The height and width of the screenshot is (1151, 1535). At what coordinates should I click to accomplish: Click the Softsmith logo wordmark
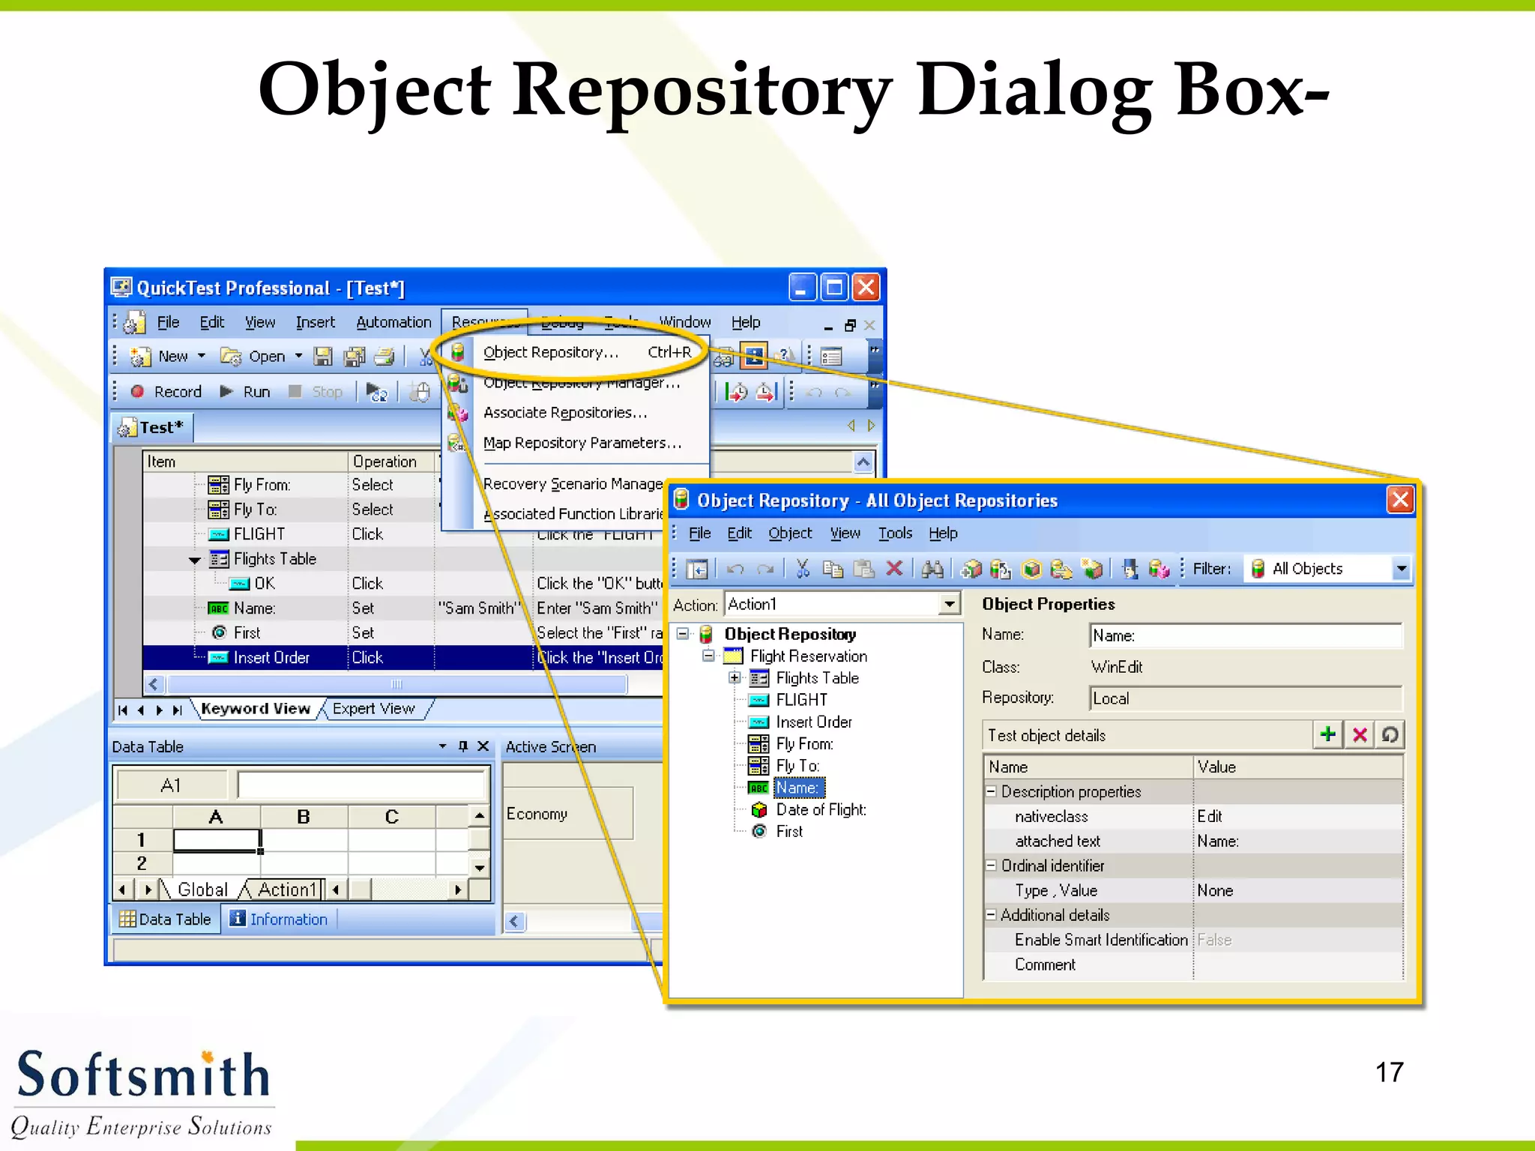[x=142, y=1075]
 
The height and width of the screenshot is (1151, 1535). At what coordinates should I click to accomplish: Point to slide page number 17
[x=1389, y=1072]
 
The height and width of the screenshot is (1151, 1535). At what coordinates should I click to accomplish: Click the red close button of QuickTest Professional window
[x=866, y=288]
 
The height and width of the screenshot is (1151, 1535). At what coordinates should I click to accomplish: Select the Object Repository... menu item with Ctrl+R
[x=551, y=352]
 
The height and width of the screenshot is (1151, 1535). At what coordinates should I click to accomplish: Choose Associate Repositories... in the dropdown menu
[x=564, y=413]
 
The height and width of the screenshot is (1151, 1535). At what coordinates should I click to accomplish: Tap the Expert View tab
[x=373, y=709]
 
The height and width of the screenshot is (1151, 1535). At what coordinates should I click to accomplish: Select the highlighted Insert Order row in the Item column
[x=271, y=658]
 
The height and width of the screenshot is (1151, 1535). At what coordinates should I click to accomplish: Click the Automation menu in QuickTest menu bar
[x=393, y=322]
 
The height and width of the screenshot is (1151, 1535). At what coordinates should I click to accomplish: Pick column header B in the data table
[x=304, y=817]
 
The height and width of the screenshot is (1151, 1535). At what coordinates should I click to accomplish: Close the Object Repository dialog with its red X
[x=1399, y=500]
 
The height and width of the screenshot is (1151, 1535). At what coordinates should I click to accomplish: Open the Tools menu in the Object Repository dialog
[x=895, y=534]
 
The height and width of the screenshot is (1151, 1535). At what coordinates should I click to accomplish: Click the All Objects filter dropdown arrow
[x=1401, y=570]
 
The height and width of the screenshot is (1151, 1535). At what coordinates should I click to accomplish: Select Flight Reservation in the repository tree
[x=808, y=656]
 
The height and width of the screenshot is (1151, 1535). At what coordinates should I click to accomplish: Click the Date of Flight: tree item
[x=821, y=810]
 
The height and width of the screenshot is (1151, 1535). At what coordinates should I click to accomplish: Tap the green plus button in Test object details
[x=1327, y=734]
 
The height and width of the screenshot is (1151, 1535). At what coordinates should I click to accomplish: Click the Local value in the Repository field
[x=1111, y=699]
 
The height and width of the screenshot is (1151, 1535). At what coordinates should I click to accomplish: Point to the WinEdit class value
[x=1116, y=667]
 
